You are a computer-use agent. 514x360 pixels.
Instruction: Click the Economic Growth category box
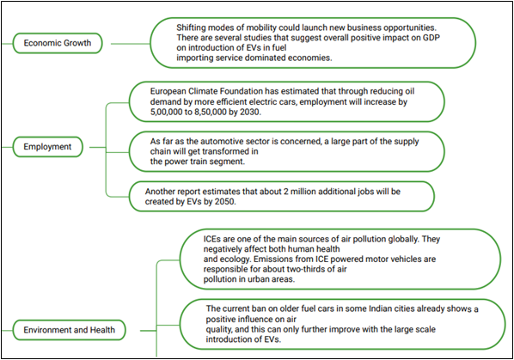[58, 43]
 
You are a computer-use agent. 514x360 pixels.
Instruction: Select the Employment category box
[47, 147]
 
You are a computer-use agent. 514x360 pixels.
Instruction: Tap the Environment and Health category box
[69, 330]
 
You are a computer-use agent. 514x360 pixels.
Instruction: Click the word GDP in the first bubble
[431, 38]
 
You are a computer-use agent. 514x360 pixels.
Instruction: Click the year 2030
[250, 112]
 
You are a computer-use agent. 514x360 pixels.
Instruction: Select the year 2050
[225, 201]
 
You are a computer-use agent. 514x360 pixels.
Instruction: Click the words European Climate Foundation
[206, 91]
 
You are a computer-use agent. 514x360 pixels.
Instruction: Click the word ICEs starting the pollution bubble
[212, 239]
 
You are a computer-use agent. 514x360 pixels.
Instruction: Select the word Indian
[381, 308]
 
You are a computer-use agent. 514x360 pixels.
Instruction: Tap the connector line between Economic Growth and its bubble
[131, 44]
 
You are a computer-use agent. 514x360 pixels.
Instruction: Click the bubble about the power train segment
[287, 152]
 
